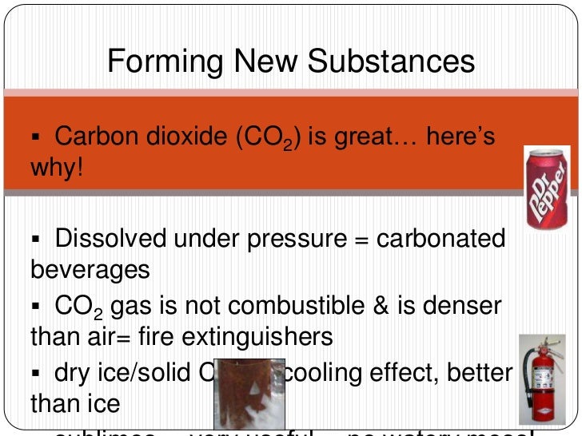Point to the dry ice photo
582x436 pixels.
click(x=249, y=394)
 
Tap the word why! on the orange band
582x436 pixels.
click(x=57, y=169)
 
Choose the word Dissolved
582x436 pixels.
click(x=111, y=239)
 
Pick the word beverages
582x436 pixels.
click(x=90, y=269)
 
